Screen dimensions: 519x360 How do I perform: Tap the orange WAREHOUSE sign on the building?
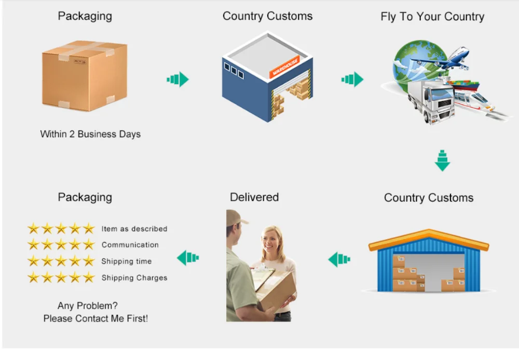285,67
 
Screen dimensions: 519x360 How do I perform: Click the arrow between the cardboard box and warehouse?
177,79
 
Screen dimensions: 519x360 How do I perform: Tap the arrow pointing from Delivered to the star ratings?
188,257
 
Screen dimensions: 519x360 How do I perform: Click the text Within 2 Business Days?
90,134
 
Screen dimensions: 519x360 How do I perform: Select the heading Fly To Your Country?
432,16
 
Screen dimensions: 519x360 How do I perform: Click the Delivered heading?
254,197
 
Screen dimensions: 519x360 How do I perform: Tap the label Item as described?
134,229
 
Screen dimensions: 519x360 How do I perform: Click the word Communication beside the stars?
130,245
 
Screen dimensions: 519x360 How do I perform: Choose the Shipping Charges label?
134,278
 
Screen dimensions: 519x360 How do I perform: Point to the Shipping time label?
127,261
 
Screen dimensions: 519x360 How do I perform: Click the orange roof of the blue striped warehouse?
429,237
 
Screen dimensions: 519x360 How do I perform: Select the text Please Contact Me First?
95,318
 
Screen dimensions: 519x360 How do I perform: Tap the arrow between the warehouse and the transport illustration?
352,79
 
